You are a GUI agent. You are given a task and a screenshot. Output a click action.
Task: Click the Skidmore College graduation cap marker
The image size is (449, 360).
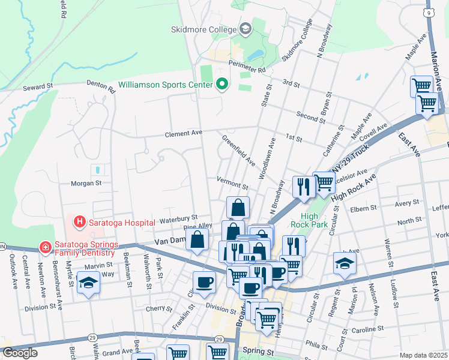tap(245, 28)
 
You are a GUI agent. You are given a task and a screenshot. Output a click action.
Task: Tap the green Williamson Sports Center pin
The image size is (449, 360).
tap(222, 85)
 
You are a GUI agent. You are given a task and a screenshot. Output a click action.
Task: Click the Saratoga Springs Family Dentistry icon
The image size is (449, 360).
tap(43, 246)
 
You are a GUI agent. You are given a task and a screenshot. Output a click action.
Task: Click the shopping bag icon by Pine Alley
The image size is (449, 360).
tap(197, 241)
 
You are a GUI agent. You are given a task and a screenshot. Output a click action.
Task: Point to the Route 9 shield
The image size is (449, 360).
tap(428, 12)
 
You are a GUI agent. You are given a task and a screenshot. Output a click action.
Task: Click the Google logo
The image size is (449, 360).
tap(20, 353)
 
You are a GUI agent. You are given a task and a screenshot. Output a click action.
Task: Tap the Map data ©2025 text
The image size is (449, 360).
tap(424, 355)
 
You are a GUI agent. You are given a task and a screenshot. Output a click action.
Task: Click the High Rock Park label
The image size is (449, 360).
tap(304, 220)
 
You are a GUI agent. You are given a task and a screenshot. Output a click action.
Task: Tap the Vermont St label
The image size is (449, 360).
tap(232, 179)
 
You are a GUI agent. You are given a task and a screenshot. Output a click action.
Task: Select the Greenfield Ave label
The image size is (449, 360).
tap(238, 151)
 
